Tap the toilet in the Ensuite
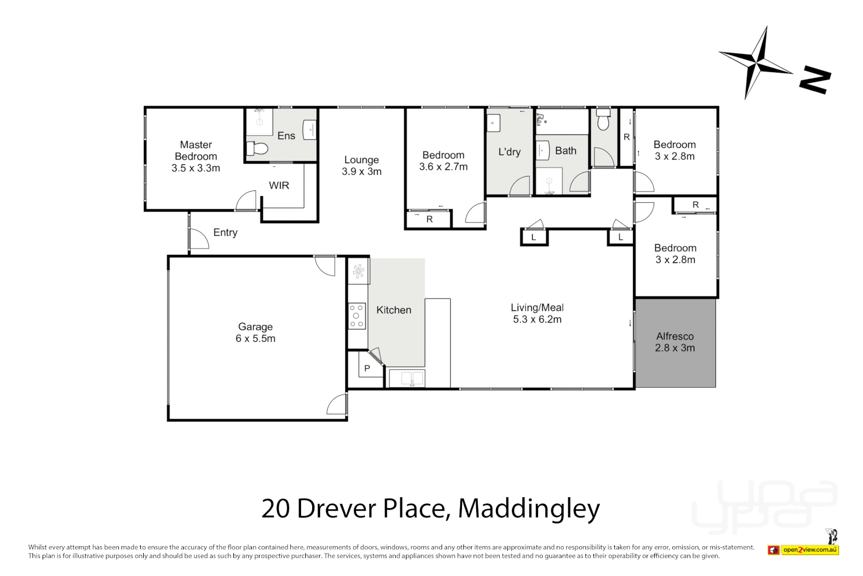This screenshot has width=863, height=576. pyautogui.click(x=258, y=148)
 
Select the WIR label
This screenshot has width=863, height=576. pyautogui.click(x=279, y=186)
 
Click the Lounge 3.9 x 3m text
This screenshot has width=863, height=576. pyautogui.click(x=361, y=166)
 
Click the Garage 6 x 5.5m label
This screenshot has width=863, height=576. pyautogui.click(x=255, y=332)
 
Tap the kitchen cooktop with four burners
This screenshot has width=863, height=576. pyautogui.click(x=356, y=316)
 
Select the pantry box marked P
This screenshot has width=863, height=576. pyautogui.click(x=367, y=369)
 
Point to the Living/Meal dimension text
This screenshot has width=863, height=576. pyautogui.click(x=537, y=319)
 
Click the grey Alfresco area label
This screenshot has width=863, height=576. pyautogui.click(x=675, y=342)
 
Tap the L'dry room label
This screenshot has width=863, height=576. pyautogui.click(x=509, y=152)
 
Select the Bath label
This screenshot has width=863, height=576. pyautogui.click(x=565, y=151)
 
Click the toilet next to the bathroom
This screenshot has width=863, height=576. pyautogui.click(x=603, y=121)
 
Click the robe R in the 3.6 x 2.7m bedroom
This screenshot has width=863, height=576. pyautogui.click(x=429, y=219)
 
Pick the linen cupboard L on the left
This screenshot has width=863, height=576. pyautogui.click(x=534, y=237)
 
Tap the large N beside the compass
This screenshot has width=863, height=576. pyautogui.click(x=815, y=80)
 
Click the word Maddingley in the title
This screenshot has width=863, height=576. pyautogui.click(x=528, y=508)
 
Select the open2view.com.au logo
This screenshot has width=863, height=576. pyautogui.click(x=810, y=550)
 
